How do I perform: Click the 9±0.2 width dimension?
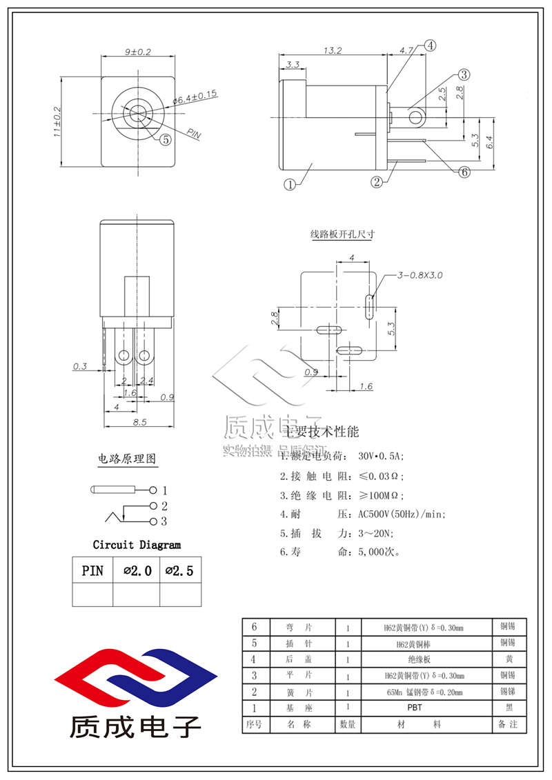click(x=138, y=52)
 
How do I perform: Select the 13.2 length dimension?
click(x=332, y=50)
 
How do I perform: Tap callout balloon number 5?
click(x=166, y=139)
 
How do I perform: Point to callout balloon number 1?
click(x=290, y=184)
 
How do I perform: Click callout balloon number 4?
click(x=430, y=46)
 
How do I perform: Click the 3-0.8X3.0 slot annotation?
click(x=420, y=275)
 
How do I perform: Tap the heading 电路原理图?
click(x=127, y=459)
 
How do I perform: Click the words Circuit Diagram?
click(x=137, y=545)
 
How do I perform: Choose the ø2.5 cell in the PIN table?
click(x=180, y=571)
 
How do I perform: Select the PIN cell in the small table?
click(x=92, y=571)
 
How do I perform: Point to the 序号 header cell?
click(x=255, y=724)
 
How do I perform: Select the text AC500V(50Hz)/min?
click(x=402, y=514)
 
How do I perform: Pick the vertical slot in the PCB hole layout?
click(x=371, y=306)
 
